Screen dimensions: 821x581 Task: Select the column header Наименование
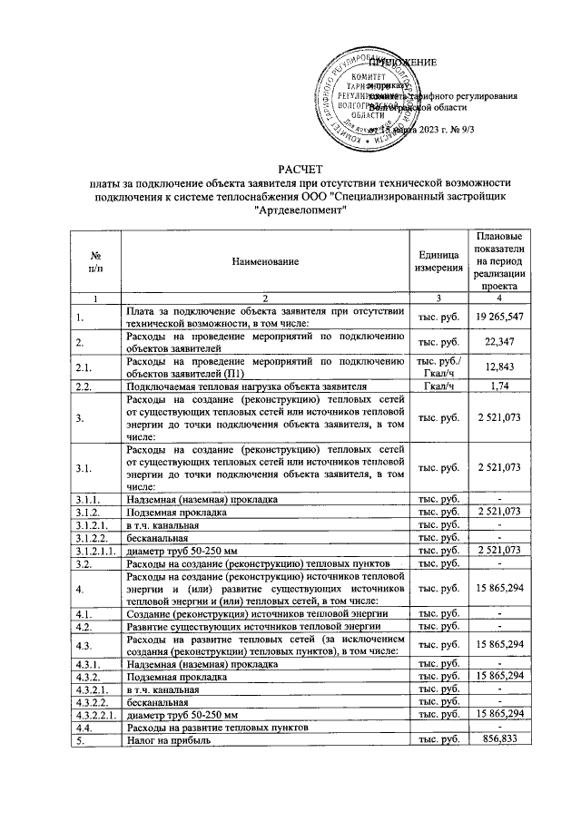[x=263, y=261]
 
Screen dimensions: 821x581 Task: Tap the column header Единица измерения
[x=438, y=261]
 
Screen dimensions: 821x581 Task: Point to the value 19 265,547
[x=497, y=318]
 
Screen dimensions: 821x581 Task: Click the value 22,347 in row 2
[x=497, y=342]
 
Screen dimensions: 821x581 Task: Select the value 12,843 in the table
[x=497, y=367]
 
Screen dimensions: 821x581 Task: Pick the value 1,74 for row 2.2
[x=497, y=386]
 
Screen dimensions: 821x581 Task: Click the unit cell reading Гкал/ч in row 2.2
[x=438, y=386]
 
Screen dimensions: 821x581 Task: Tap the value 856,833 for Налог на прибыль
[x=497, y=740]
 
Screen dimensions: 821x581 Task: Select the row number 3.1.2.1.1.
[x=94, y=550]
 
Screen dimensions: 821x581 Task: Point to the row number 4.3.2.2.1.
[x=94, y=715]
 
